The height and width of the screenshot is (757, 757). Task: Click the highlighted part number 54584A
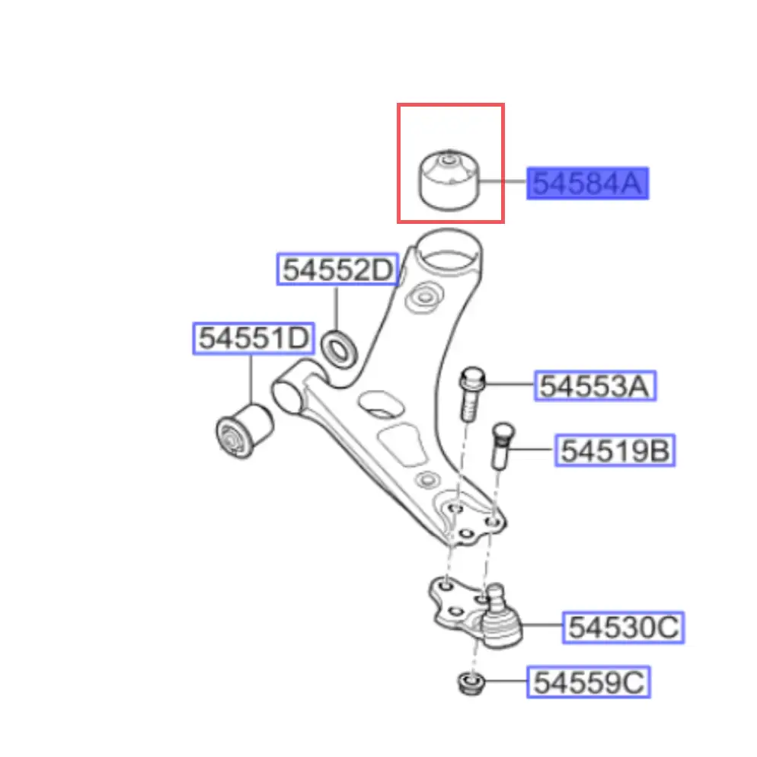click(x=587, y=184)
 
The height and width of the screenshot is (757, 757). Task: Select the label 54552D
click(x=337, y=269)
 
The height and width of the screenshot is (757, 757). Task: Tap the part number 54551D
click(x=254, y=338)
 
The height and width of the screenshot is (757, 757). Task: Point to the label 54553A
click(x=595, y=386)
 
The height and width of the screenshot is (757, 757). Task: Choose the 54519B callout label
click(x=615, y=450)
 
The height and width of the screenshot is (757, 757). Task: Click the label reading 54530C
click(x=623, y=627)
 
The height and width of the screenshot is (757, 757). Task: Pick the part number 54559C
click(x=589, y=682)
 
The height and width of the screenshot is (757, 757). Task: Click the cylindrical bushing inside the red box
click(x=449, y=180)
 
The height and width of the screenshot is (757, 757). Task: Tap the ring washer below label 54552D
click(x=339, y=349)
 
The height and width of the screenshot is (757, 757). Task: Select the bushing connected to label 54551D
click(x=244, y=431)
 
